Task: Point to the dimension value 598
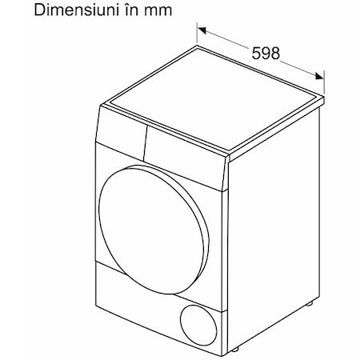pyautogui.click(x=266, y=53)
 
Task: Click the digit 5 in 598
pyautogui.click(x=256, y=53)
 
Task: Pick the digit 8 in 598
pyautogui.click(x=275, y=53)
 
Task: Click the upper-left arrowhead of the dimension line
pyautogui.click(x=202, y=30)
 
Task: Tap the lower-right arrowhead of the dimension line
pyautogui.click(x=319, y=76)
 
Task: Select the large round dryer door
pyautogui.click(x=154, y=229)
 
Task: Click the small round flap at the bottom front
pyautogui.click(x=198, y=326)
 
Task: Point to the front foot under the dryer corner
pyautogui.click(x=234, y=349)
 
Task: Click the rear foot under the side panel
pyautogui.click(x=310, y=303)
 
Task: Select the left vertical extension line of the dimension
pyautogui.click(x=197, y=33)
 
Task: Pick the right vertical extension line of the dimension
pyautogui.click(x=324, y=82)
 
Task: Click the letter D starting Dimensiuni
pyautogui.click(x=39, y=10)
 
